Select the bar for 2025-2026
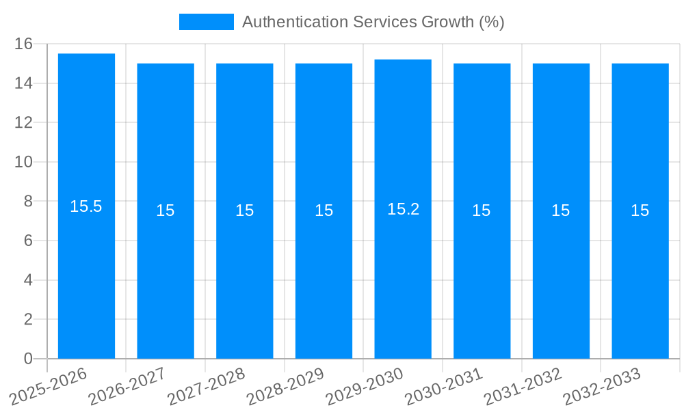point(86,273)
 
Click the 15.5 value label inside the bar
point(86,206)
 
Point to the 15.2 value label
point(403,209)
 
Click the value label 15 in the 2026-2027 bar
point(166,210)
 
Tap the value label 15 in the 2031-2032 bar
point(561,210)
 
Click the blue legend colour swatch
point(206,22)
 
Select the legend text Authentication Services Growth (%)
point(373,22)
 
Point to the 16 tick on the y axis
point(24,44)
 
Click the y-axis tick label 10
point(24,163)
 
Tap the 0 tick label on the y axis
point(28,359)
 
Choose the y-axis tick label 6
point(28,241)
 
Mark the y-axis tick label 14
point(24,83)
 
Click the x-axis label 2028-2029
point(285,387)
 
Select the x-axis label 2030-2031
point(443,387)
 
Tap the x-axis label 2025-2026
point(48,387)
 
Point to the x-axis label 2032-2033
point(601,387)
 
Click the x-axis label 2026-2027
point(127,387)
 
